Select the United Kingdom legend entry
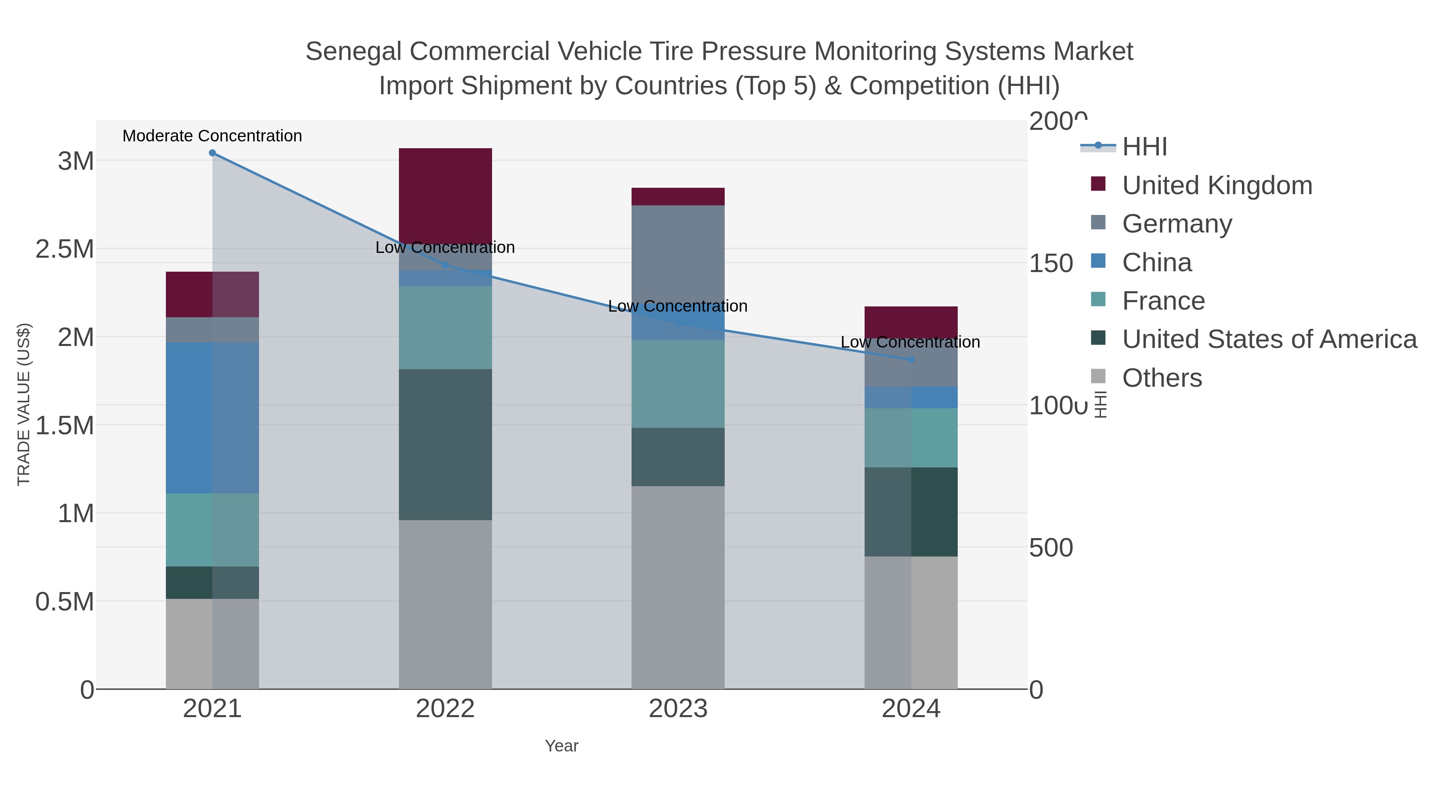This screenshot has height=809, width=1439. pyautogui.click(x=1217, y=185)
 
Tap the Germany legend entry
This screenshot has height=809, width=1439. pyautogui.click(x=1176, y=224)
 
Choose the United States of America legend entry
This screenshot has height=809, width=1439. pyautogui.click(x=1269, y=340)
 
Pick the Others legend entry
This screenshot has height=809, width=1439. pyautogui.click(x=1162, y=378)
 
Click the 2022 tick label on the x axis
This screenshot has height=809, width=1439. pyautogui.click(x=445, y=709)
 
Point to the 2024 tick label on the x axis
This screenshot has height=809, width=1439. pyautogui.click(x=911, y=709)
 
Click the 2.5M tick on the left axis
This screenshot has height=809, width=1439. pyautogui.click(x=65, y=249)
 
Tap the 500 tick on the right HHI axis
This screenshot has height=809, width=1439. pyautogui.click(x=1050, y=548)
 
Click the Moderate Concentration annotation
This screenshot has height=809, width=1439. pyautogui.click(x=212, y=136)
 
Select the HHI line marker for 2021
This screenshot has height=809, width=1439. pyautogui.click(x=212, y=153)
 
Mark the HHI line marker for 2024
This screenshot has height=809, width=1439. pyautogui.click(x=911, y=360)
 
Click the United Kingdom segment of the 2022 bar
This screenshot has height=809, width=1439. pyautogui.click(x=445, y=195)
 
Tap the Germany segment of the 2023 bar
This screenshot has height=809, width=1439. pyautogui.click(x=678, y=257)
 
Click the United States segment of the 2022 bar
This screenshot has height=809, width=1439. pyautogui.click(x=445, y=444)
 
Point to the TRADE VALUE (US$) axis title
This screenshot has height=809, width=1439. pyautogui.click(x=24, y=404)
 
